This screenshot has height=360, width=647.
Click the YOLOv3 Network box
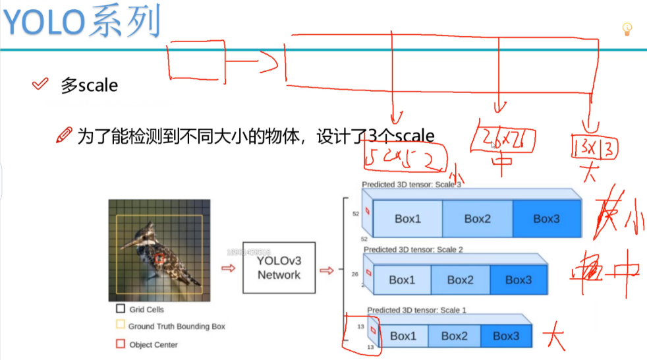point(279,267)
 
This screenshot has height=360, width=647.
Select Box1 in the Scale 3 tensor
point(407,219)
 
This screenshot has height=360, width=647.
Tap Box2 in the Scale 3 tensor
point(476,219)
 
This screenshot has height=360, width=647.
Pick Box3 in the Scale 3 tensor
point(546,219)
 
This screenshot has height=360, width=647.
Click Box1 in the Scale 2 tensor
point(402,280)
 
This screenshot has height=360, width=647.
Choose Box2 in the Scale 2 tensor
point(460,280)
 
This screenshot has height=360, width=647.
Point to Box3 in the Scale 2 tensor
point(519,280)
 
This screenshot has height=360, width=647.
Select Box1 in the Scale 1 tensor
point(403,336)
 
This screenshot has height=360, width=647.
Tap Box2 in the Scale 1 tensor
point(454,336)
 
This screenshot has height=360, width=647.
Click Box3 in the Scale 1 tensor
point(506,336)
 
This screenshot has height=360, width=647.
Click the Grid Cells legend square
point(120,309)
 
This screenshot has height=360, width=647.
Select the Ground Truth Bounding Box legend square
point(120,326)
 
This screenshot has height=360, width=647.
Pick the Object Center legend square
point(120,344)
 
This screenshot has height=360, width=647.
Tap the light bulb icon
point(627,28)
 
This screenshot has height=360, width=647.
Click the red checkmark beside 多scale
point(40,84)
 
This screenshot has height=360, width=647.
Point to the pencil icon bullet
point(64,135)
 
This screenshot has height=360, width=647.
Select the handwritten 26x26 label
point(504,140)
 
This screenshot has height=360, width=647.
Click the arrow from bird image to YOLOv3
point(227,268)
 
